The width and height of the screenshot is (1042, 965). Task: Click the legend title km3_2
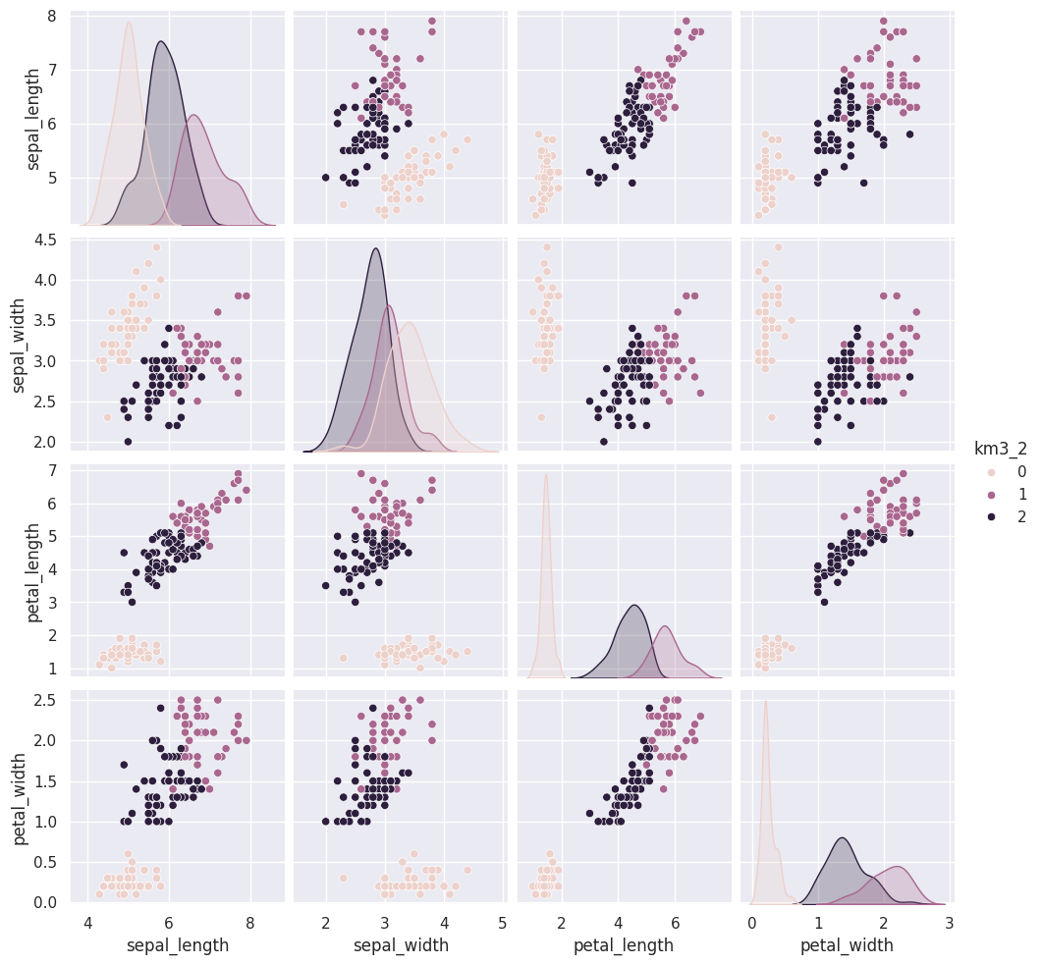[x=1000, y=449]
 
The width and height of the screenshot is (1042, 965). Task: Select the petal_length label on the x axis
[x=625, y=945]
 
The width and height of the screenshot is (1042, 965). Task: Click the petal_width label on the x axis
[x=847, y=945]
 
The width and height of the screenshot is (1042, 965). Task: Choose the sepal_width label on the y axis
[x=20, y=342]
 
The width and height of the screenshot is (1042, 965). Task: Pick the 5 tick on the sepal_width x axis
[x=503, y=923]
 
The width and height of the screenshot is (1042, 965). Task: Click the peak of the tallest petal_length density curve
[x=546, y=475]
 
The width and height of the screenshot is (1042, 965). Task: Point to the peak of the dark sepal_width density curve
[x=375, y=248]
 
